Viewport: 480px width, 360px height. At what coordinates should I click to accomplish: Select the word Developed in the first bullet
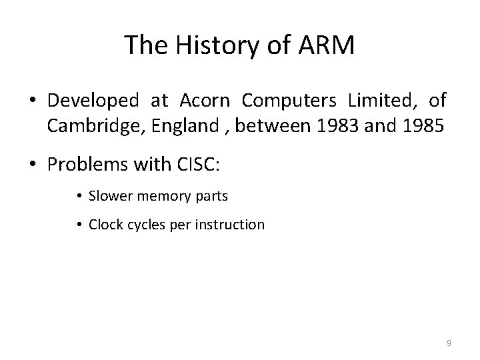(93, 101)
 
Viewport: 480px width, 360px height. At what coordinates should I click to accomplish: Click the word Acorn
(203, 101)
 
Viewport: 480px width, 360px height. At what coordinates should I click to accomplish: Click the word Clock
(105, 225)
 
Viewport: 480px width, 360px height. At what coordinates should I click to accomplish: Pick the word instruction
(233, 225)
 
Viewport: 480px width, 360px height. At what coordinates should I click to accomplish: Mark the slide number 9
(449, 343)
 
